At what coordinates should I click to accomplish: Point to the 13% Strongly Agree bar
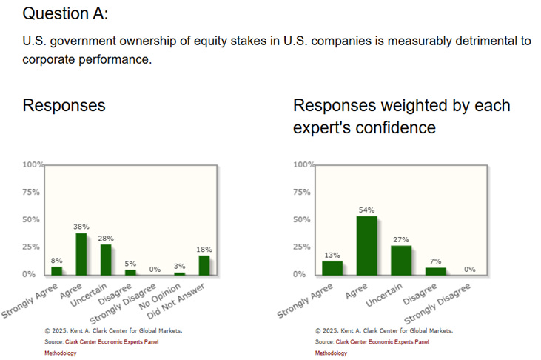[x=332, y=267]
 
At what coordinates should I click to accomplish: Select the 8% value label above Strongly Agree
[x=56, y=261]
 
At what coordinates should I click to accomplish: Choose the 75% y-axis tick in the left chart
[x=31, y=192]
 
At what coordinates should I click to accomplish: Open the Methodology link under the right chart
[x=331, y=353]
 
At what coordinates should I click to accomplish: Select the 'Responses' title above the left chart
[x=64, y=105]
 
